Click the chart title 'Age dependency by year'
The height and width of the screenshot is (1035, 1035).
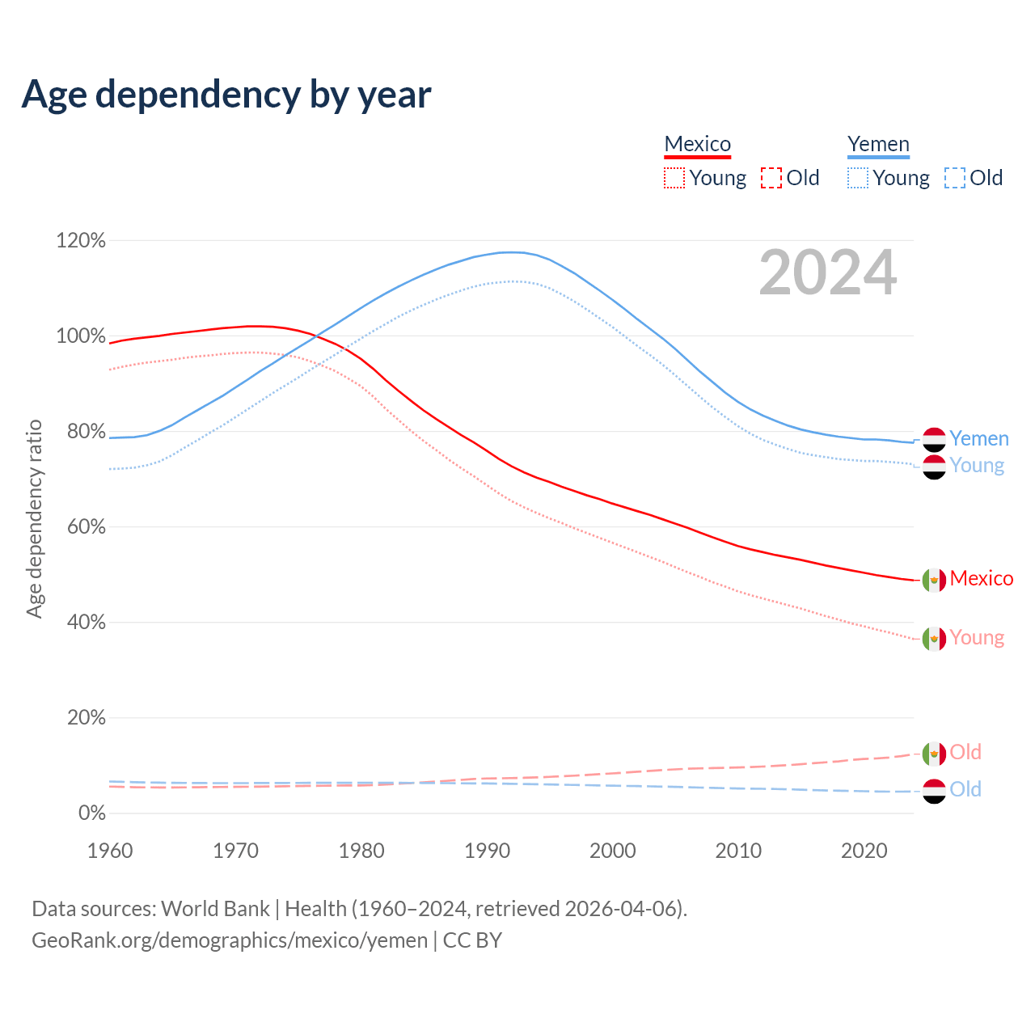[226, 94]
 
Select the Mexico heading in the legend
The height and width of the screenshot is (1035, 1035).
[697, 144]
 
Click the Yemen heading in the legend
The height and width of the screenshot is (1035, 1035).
[878, 144]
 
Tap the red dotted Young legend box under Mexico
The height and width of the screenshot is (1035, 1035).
[674, 178]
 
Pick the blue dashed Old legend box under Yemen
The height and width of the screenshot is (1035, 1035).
[955, 178]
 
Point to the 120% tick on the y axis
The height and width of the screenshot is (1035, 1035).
[81, 240]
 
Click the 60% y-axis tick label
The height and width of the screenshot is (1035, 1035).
[81, 526]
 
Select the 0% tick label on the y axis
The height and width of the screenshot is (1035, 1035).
[91, 813]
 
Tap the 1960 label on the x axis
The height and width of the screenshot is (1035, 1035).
[110, 851]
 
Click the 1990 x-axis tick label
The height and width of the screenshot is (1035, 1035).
[488, 851]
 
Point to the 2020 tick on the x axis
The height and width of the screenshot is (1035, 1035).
[864, 851]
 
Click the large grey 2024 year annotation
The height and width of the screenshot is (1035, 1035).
[828, 272]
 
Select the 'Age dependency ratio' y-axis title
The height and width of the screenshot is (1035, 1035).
[34, 518]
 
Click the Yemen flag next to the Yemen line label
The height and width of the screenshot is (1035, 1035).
[934, 439]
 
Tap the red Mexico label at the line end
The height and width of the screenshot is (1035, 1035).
[982, 578]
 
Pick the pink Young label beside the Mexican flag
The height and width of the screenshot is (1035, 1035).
[977, 637]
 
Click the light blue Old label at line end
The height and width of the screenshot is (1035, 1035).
[965, 789]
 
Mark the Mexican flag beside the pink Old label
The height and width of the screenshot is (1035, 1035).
[934, 753]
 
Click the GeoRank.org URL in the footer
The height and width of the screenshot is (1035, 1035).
[230, 940]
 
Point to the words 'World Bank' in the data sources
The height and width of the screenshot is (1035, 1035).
[215, 908]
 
